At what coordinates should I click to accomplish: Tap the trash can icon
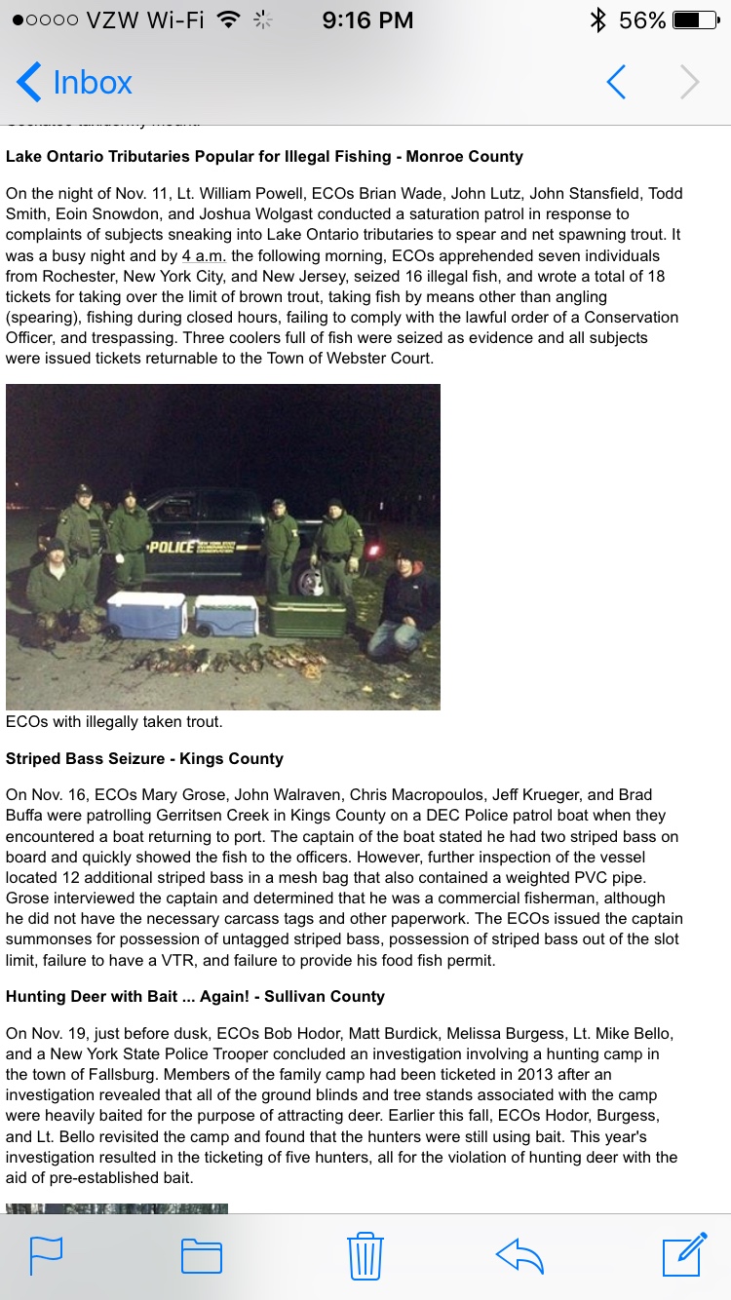(x=365, y=1255)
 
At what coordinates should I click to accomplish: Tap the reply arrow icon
(x=519, y=1255)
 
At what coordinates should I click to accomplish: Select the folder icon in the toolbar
(x=202, y=1255)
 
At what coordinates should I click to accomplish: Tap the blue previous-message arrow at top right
(x=616, y=83)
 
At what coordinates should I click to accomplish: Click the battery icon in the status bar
(x=700, y=20)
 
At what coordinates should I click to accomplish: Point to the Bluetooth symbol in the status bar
(x=598, y=20)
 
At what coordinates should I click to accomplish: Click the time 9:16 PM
(x=367, y=20)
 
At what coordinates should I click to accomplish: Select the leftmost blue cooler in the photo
(x=146, y=614)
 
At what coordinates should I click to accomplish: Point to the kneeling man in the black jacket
(x=404, y=604)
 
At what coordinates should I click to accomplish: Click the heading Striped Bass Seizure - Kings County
(x=144, y=758)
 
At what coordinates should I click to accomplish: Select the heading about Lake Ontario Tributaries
(x=264, y=156)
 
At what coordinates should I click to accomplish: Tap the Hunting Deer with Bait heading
(x=195, y=996)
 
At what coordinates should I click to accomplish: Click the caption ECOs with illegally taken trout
(x=114, y=722)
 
